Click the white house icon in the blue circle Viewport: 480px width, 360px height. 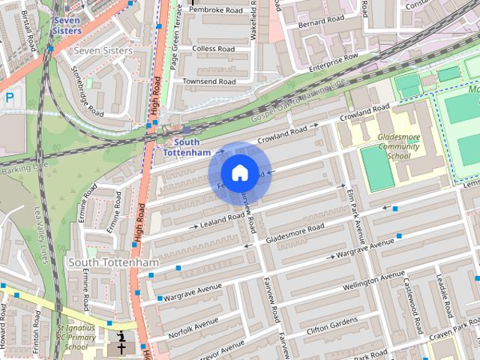click(239, 173)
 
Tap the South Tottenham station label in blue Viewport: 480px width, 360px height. click(187, 147)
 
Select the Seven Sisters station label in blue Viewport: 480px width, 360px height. click(67, 25)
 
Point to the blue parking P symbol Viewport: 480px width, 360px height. click(10, 97)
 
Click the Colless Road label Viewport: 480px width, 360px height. click(214, 49)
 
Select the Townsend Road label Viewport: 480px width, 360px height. click(209, 80)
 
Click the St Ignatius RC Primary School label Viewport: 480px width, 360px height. click(76, 337)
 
